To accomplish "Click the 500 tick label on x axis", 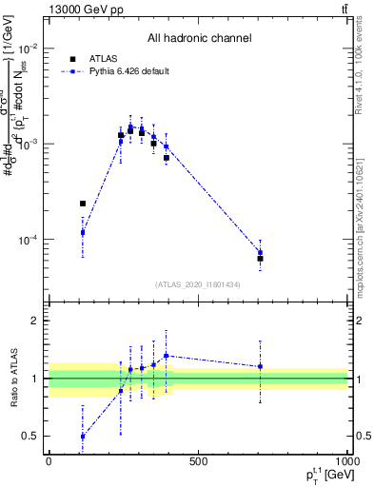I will coord(198,461).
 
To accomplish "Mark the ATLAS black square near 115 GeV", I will coord(83,204).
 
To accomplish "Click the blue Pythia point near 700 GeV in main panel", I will coord(260,252).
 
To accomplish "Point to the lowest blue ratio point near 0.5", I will coord(83,436).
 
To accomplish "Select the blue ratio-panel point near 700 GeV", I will coord(260,366).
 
